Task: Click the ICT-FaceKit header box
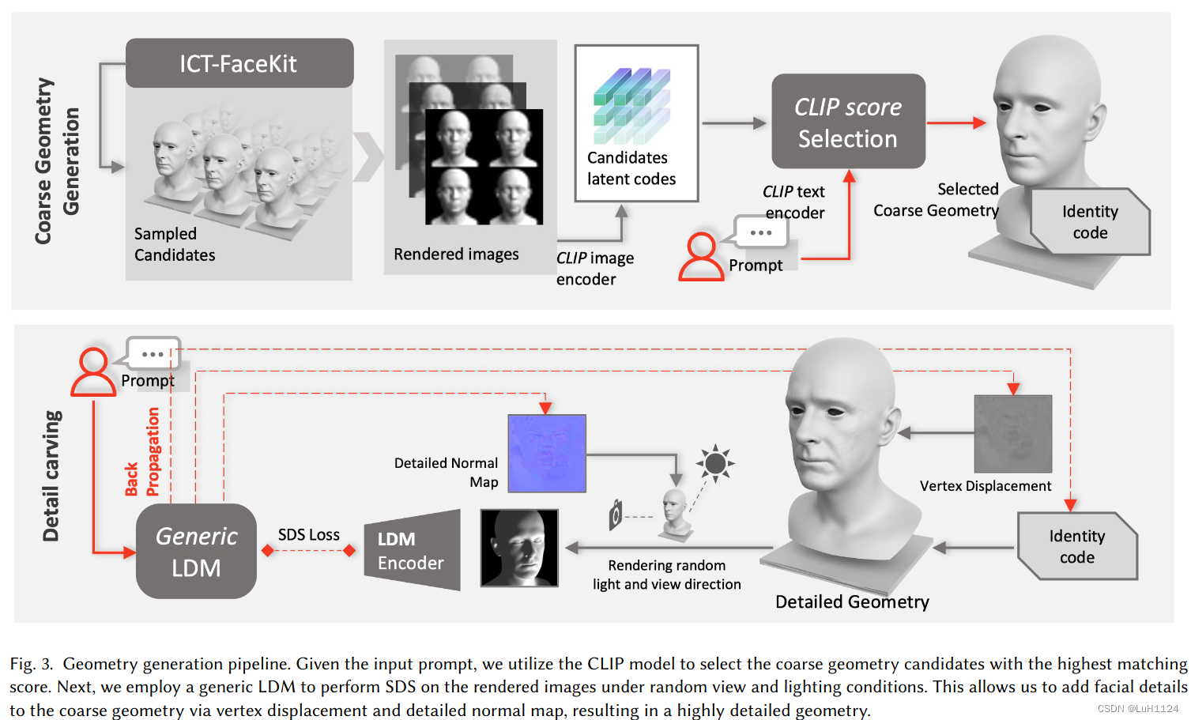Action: [x=239, y=63]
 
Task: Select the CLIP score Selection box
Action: [x=848, y=122]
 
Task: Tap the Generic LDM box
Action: [x=196, y=552]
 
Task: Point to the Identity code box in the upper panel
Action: [x=1090, y=222]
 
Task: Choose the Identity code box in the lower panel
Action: [x=1077, y=546]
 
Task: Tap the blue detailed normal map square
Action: [x=547, y=454]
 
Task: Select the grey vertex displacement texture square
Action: [x=1013, y=434]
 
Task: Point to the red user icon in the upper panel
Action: [x=701, y=257]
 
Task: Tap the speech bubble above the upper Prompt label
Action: [x=760, y=232]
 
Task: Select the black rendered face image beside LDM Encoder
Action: [x=519, y=548]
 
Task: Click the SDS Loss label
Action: [x=308, y=535]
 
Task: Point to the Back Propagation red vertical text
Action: [x=142, y=452]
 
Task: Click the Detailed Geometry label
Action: [x=852, y=602]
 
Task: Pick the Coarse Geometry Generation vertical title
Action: [x=56, y=161]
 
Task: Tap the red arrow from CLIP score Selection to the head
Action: [x=955, y=123]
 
